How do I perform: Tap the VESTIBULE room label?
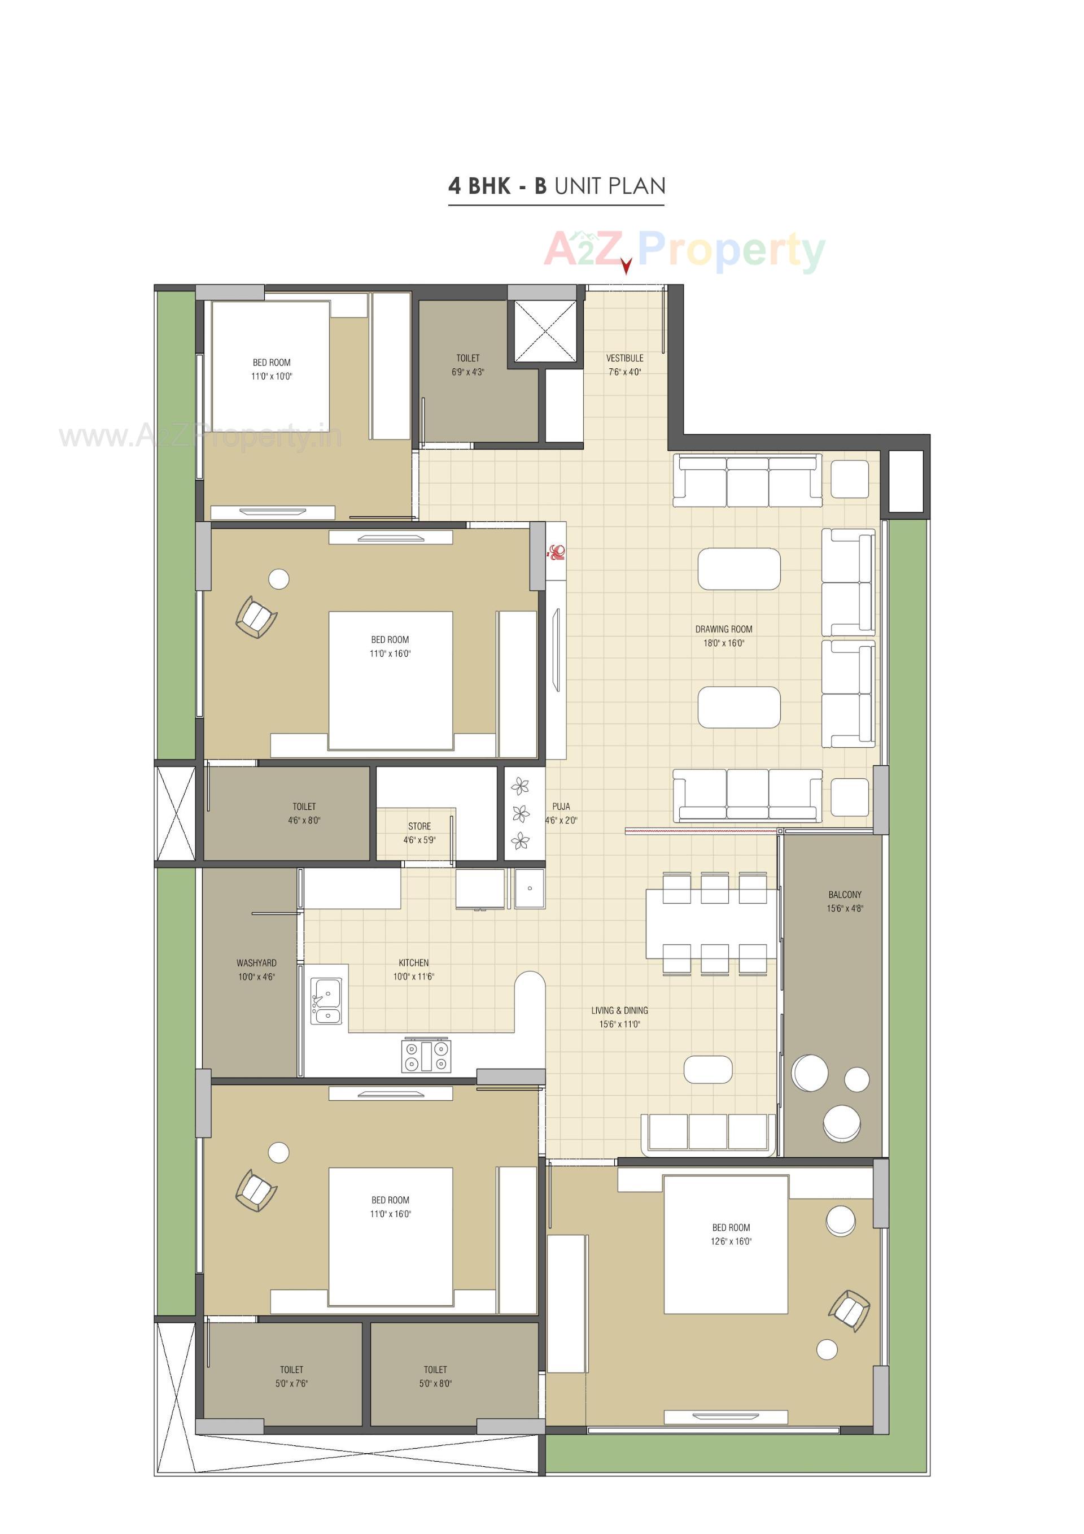point(624,358)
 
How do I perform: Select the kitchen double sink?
point(326,1001)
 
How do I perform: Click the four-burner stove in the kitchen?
point(426,1056)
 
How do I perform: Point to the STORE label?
point(419,826)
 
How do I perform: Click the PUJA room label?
point(561,807)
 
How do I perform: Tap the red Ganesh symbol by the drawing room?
point(556,552)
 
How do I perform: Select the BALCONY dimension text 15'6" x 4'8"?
point(844,908)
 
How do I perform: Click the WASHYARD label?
point(256,963)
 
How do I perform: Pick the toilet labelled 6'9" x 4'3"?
point(467,365)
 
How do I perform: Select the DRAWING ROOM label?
point(723,629)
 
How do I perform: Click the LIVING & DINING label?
point(619,1010)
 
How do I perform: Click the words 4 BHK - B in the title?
point(497,186)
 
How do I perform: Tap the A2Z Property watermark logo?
point(685,249)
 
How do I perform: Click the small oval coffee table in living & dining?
point(708,1069)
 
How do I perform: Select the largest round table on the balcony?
point(810,1073)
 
